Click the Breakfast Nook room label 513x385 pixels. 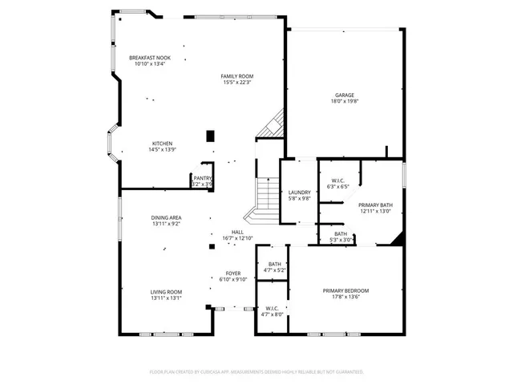(151, 58)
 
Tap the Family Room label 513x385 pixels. (236, 76)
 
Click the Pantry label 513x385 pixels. (202, 178)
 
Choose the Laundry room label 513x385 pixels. (299, 192)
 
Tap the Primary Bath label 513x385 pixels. (375, 205)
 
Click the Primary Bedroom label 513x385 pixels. (345, 290)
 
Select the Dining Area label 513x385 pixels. (166, 218)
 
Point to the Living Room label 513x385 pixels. (166, 292)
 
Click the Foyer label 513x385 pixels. (232, 274)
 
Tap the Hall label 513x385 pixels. (237, 233)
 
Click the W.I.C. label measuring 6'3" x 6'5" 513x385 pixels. (337, 181)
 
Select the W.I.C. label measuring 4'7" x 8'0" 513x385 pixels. (271, 309)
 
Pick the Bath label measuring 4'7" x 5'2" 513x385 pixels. (274, 265)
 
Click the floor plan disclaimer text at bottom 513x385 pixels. (256, 372)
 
